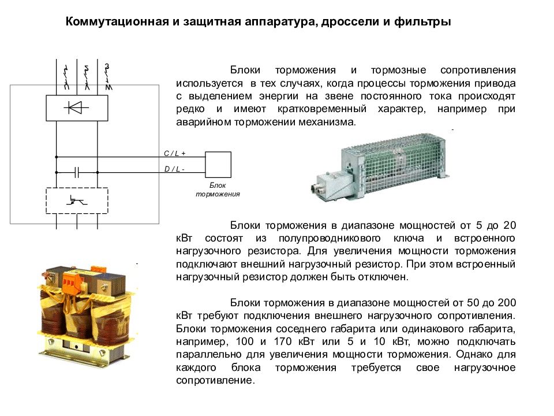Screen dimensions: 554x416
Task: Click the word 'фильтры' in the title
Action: [422, 22]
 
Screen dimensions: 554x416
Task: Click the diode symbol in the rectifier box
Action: [76, 107]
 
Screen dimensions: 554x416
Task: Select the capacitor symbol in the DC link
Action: [77, 172]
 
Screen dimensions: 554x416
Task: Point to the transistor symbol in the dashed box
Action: [76, 201]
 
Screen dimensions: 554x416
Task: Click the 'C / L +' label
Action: [174, 154]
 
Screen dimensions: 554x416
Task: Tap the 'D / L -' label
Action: [174, 169]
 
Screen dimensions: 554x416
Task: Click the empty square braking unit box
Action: [218, 165]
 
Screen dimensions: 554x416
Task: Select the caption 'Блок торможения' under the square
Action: [218, 190]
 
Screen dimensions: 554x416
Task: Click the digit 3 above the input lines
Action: [107, 66]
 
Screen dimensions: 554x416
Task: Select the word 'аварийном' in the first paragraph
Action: [204, 122]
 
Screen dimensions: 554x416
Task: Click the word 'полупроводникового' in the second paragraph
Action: [330, 239]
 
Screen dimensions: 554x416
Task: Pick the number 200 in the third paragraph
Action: [507, 303]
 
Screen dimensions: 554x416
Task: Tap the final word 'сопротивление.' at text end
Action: [215, 381]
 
